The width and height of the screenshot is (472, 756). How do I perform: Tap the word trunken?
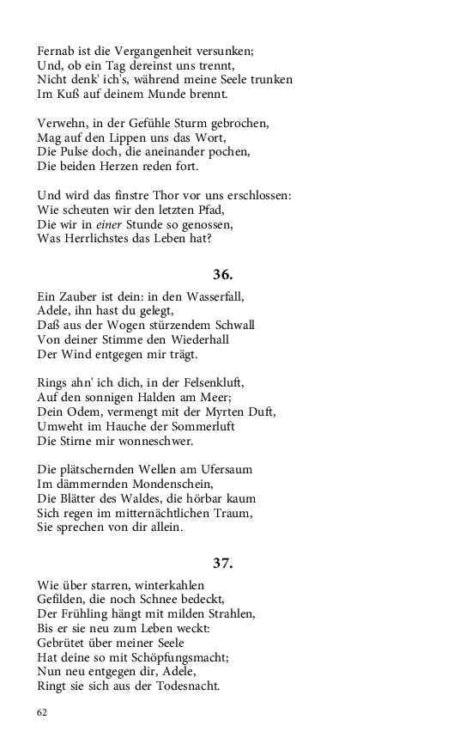(x=268, y=80)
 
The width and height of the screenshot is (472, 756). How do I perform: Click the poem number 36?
(x=222, y=275)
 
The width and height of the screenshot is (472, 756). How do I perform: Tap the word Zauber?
(x=81, y=296)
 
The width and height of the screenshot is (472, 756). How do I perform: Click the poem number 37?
(x=222, y=564)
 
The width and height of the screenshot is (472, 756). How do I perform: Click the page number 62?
(x=42, y=712)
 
